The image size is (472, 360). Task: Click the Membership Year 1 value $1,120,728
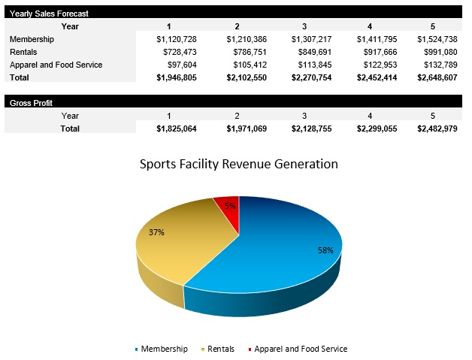coord(176,39)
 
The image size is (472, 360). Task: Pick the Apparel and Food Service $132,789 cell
coord(438,65)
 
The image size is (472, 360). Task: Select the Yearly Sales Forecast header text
coord(48,14)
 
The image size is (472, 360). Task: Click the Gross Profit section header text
coord(31,103)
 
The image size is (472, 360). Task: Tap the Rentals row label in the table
coord(23,52)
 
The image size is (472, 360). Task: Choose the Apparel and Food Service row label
coord(56,65)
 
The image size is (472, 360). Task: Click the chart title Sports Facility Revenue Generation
coord(239,164)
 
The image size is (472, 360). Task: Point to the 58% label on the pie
coord(325,250)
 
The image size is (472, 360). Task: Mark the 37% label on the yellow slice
coord(156,232)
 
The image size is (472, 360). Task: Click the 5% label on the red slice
coord(230,206)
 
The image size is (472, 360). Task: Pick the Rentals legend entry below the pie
coord(221,349)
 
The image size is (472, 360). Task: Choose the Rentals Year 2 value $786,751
coord(244,52)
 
